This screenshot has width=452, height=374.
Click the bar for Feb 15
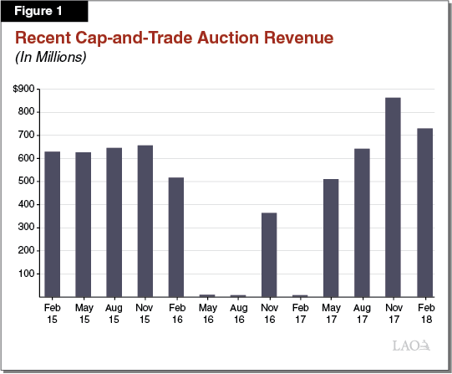pyautogui.click(x=52, y=224)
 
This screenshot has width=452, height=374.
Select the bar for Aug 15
pyautogui.click(x=114, y=222)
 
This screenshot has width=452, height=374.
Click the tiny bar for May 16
pyautogui.click(x=207, y=295)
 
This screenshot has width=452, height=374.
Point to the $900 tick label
pyautogui.click(x=24, y=89)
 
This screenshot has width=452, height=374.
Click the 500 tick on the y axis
pyautogui.click(x=27, y=181)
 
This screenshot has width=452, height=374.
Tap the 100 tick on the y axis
pyautogui.click(x=27, y=274)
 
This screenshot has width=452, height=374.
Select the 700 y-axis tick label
pyautogui.click(x=27, y=135)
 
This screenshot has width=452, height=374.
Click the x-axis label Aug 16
pyautogui.click(x=238, y=314)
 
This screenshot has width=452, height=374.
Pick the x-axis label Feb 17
pyautogui.click(x=300, y=314)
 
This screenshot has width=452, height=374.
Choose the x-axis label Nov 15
pyautogui.click(x=145, y=314)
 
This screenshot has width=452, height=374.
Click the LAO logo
pyautogui.click(x=411, y=346)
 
